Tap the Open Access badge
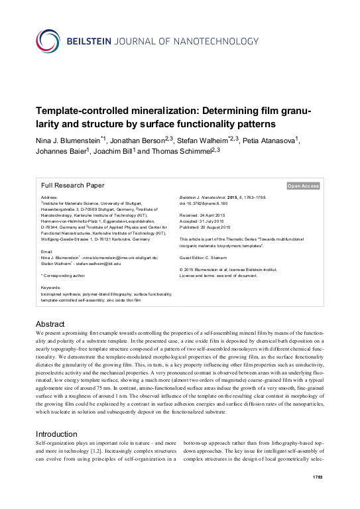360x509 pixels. tap(303, 186)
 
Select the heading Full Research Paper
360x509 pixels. tap(73, 186)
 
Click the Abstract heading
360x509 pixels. tap(49, 324)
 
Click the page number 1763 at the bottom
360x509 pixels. tap(318, 496)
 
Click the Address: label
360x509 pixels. tap(50, 198)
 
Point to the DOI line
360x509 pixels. tap(208, 203)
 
